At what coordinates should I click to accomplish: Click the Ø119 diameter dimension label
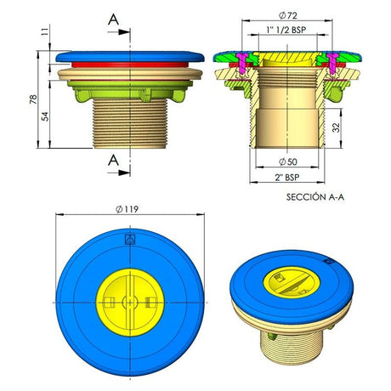[127, 209]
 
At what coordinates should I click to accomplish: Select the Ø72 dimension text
[288, 15]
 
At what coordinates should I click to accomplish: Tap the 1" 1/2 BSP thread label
[286, 30]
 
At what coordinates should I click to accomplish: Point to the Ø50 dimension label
[288, 161]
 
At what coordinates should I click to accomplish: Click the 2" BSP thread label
[287, 178]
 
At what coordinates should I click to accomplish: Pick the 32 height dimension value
[336, 127]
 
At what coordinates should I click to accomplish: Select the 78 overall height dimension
[33, 99]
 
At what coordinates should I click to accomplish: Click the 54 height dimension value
[45, 116]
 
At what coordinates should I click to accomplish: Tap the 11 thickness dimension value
[45, 31]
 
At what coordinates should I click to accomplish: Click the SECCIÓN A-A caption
[315, 197]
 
